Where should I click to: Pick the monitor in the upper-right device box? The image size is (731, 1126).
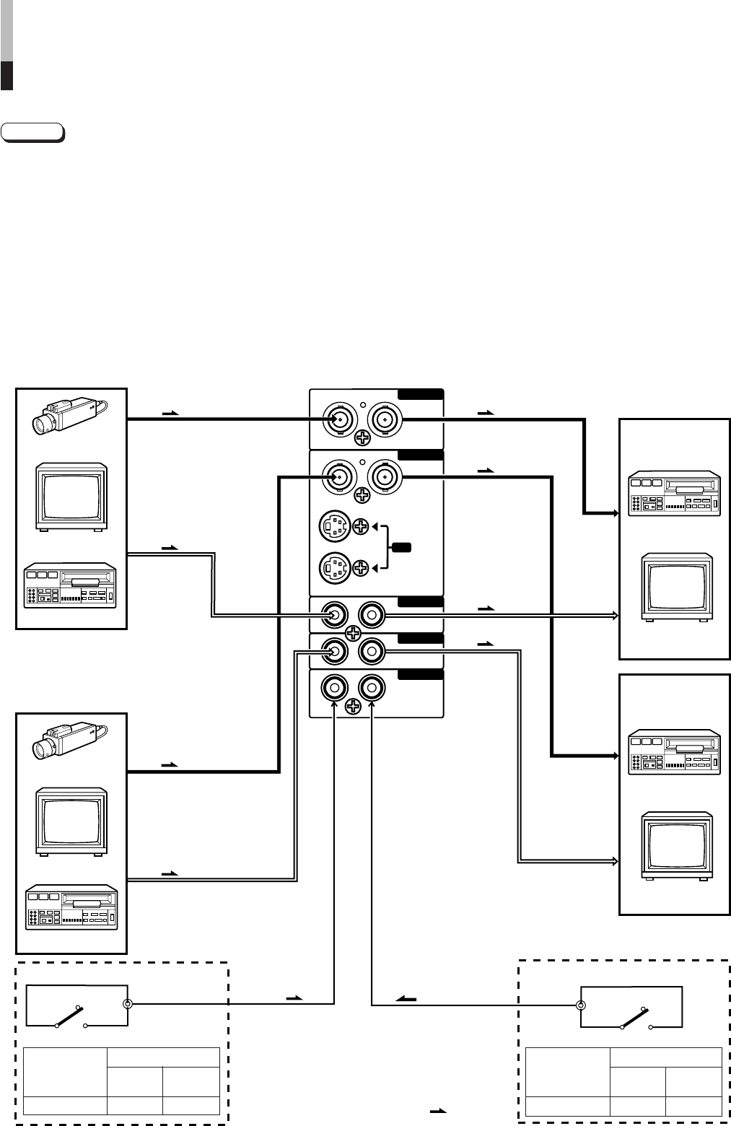pos(677,586)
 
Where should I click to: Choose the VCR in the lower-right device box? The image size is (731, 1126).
pos(674,754)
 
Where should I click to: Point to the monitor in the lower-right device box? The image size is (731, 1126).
pos(677,846)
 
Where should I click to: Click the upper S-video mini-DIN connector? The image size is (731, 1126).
pos(333,528)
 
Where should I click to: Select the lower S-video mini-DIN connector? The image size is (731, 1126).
pos(333,568)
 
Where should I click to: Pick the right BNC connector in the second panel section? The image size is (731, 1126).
pos(383,476)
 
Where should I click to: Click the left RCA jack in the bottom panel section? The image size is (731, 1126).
pos(334,687)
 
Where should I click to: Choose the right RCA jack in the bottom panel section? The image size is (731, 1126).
pos(372,687)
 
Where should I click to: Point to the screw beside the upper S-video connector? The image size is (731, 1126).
pos(362,528)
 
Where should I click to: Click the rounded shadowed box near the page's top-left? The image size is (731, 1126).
pos(32,133)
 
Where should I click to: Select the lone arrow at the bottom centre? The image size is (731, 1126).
pos(438,1111)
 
